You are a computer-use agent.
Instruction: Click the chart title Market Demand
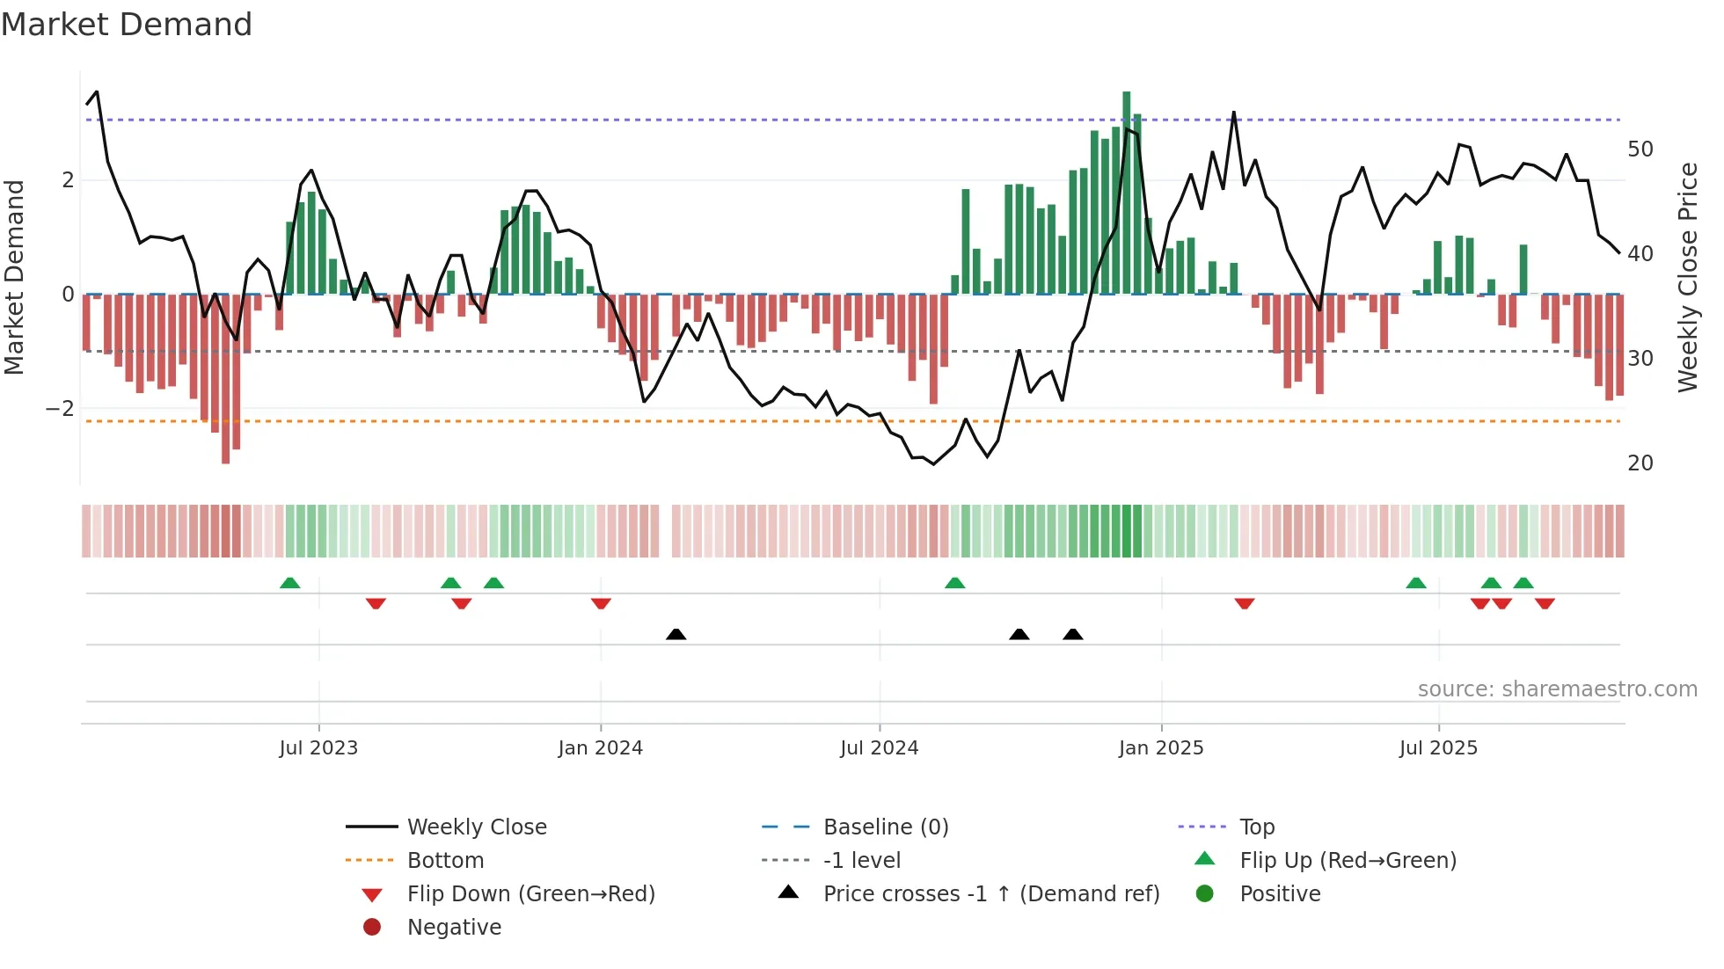pos(127,25)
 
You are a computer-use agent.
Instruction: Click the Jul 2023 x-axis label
pos(318,748)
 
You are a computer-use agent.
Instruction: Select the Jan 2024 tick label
pos(600,748)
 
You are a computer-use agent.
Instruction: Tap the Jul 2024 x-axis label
pos(879,748)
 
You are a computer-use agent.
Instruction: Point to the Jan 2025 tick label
pos(1160,748)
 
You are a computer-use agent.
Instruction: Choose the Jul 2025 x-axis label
pos(1438,748)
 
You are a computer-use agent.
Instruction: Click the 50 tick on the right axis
pos(1640,149)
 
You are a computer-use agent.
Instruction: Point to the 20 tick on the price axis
pos(1640,463)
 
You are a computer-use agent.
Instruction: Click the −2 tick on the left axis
pos(60,409)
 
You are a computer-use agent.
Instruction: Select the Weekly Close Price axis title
pos(1687,277)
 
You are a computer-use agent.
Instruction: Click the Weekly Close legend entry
pos(476,827)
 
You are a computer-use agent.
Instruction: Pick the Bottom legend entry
pos(445,861)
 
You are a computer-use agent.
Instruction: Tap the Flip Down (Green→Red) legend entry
pos(530,894)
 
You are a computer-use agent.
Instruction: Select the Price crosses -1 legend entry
pos(990,894)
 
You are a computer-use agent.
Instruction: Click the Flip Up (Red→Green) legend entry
pos(1348,861)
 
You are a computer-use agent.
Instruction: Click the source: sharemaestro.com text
pos(1557,689)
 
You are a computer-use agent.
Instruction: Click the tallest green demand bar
pos(1126,193)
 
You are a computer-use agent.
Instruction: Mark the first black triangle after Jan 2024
pos(676,634)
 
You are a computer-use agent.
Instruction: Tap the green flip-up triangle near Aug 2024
pos(954,583)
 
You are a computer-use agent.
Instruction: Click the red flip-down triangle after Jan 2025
pos(1244,603)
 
